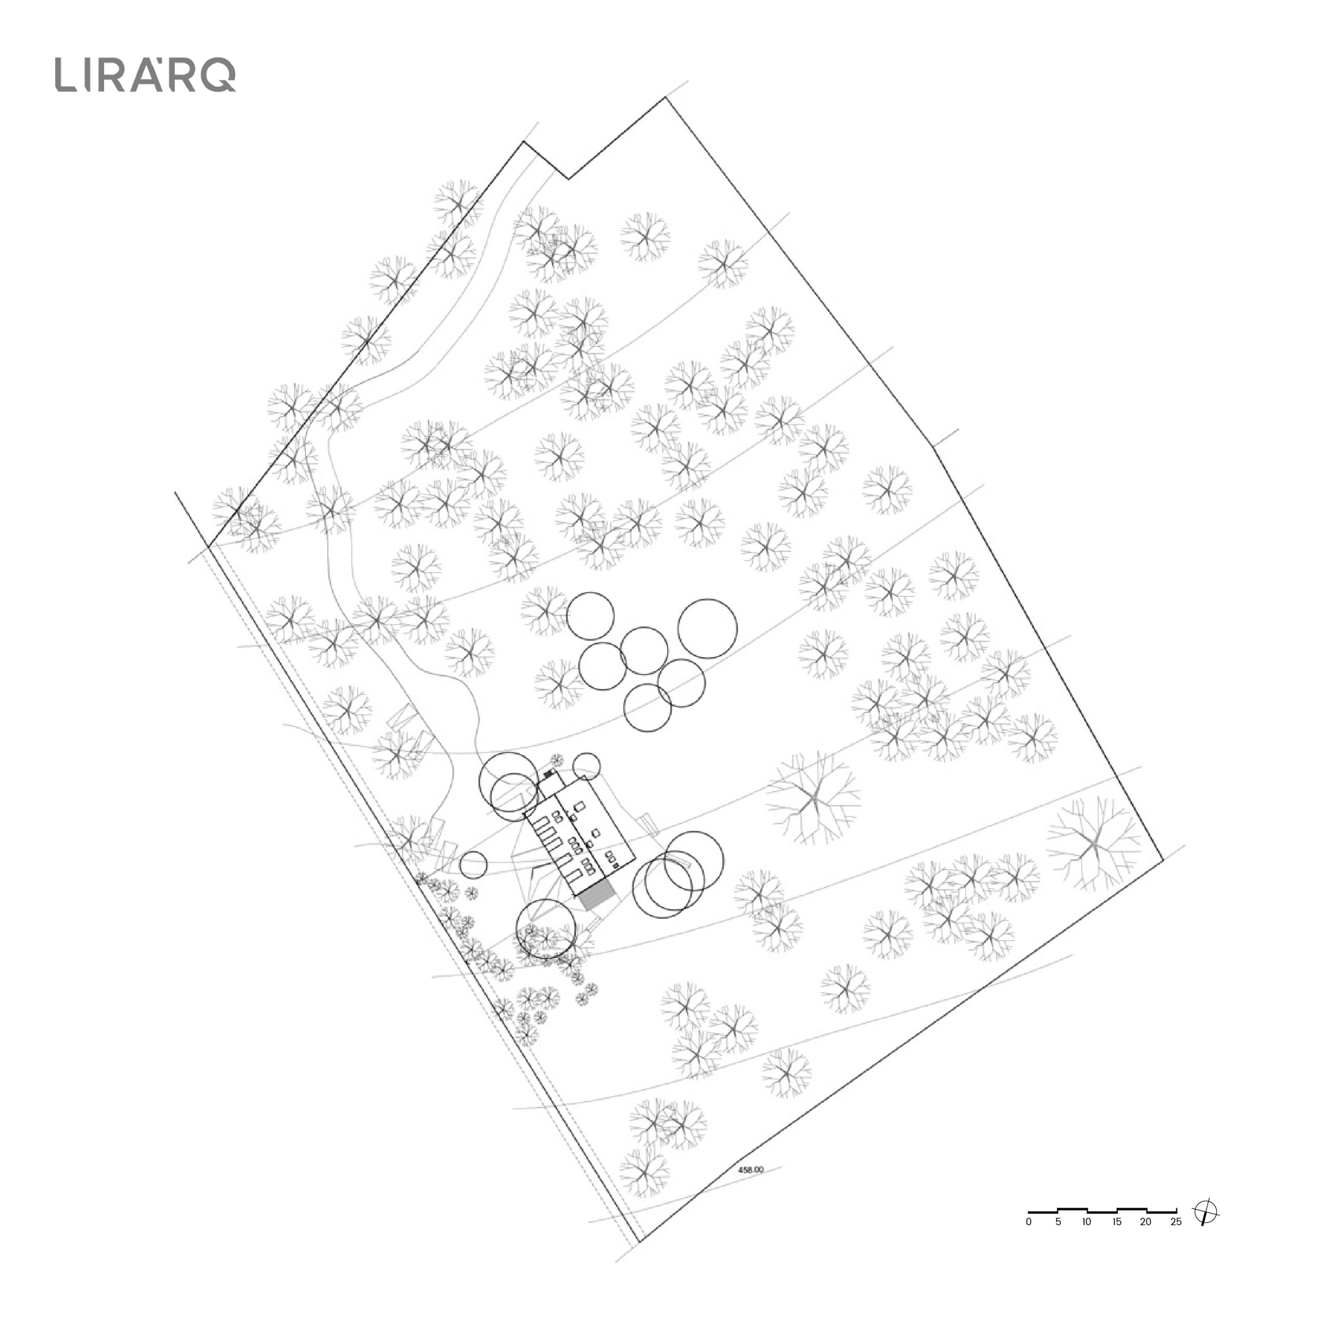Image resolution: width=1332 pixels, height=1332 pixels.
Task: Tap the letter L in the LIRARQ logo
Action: pos(66,75)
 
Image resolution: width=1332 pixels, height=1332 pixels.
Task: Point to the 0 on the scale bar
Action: pos(1029,1222)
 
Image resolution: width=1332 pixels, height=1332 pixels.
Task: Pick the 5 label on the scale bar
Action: pos(1058,1222)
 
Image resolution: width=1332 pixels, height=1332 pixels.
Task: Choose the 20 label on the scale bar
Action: pos(1146,1222)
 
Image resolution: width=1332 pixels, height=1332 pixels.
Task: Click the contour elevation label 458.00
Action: pos(751,1170)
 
